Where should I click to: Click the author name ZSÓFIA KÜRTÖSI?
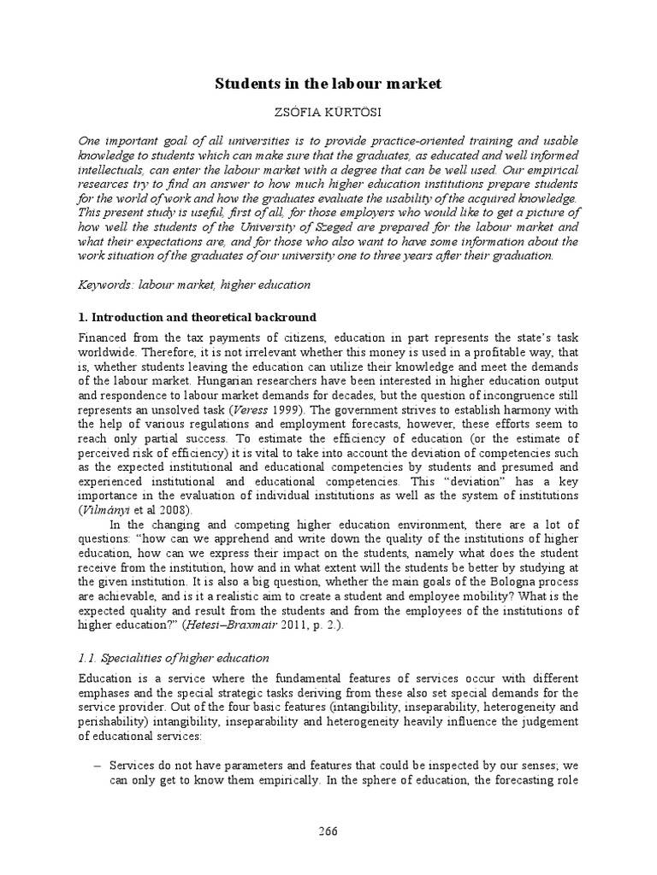(328, 113)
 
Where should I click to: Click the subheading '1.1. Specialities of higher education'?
(173, 658)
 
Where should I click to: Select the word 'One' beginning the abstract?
(92, 139)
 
